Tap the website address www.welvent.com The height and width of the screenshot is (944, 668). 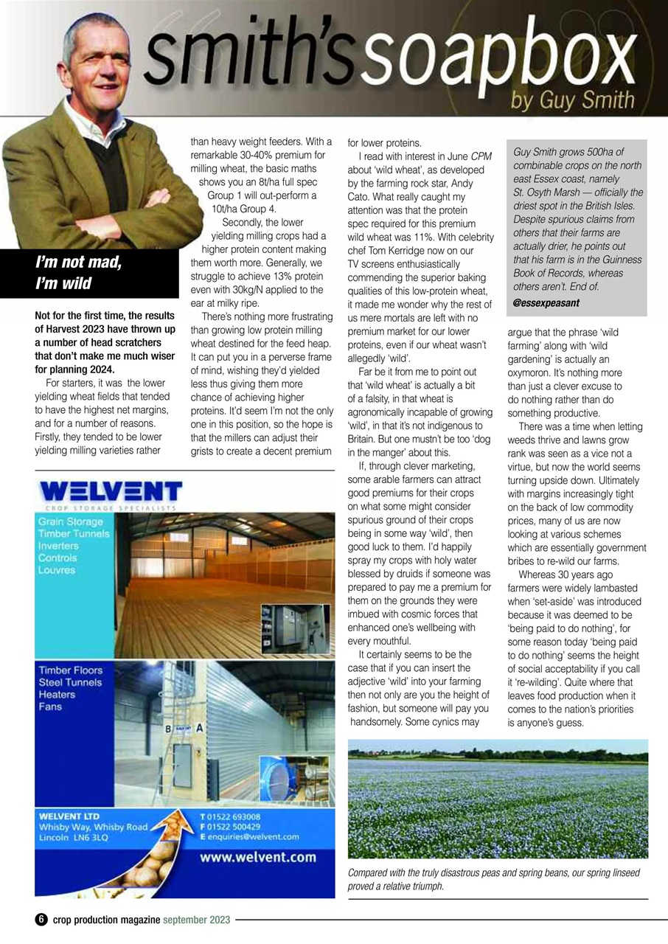258,857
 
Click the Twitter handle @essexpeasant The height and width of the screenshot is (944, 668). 546,302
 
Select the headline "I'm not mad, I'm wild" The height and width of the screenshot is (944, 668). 79,272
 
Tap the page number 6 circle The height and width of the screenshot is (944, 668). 41,920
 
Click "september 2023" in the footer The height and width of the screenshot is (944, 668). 197,920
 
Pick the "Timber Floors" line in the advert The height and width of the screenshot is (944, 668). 71,670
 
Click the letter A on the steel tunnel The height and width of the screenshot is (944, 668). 199,726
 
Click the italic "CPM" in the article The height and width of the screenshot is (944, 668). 481,156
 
